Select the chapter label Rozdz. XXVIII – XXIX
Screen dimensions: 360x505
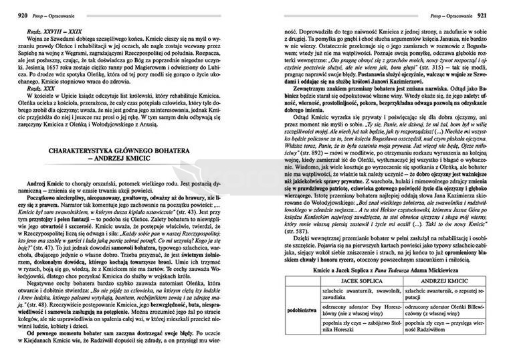(x=43, y=31)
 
